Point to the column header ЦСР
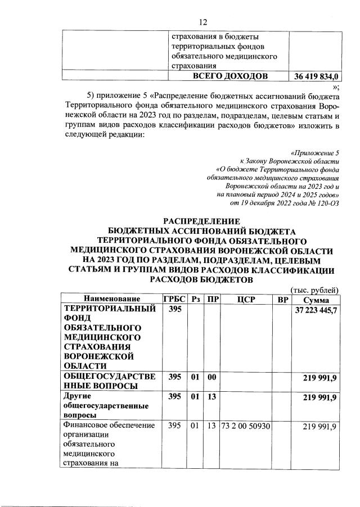point(246,298)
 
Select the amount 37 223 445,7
point(316,311)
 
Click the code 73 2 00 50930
point(246,428)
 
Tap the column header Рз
point(196,298)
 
